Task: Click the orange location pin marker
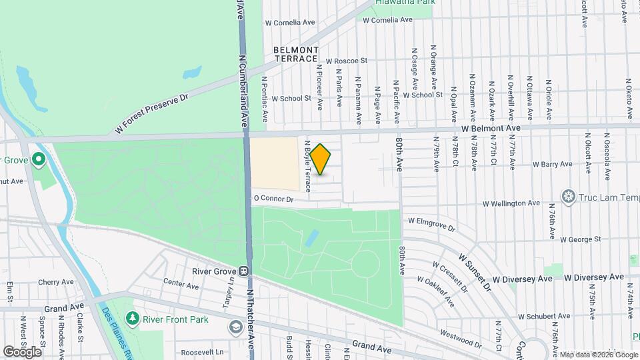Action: tap(320, 159)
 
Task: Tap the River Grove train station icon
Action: tap(244, 271)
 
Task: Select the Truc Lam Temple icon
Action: tap(569, 196)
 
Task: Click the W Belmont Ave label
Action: tap(490, 127)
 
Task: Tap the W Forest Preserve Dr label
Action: tap(151, 114)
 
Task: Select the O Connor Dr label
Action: tap(273, 199)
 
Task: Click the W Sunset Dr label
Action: tap(474, 271)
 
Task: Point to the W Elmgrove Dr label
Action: tap(431, 223)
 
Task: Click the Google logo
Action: tap(23, 351)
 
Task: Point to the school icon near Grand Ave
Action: tap(235, 327)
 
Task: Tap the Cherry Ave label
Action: tap(56, 283)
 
